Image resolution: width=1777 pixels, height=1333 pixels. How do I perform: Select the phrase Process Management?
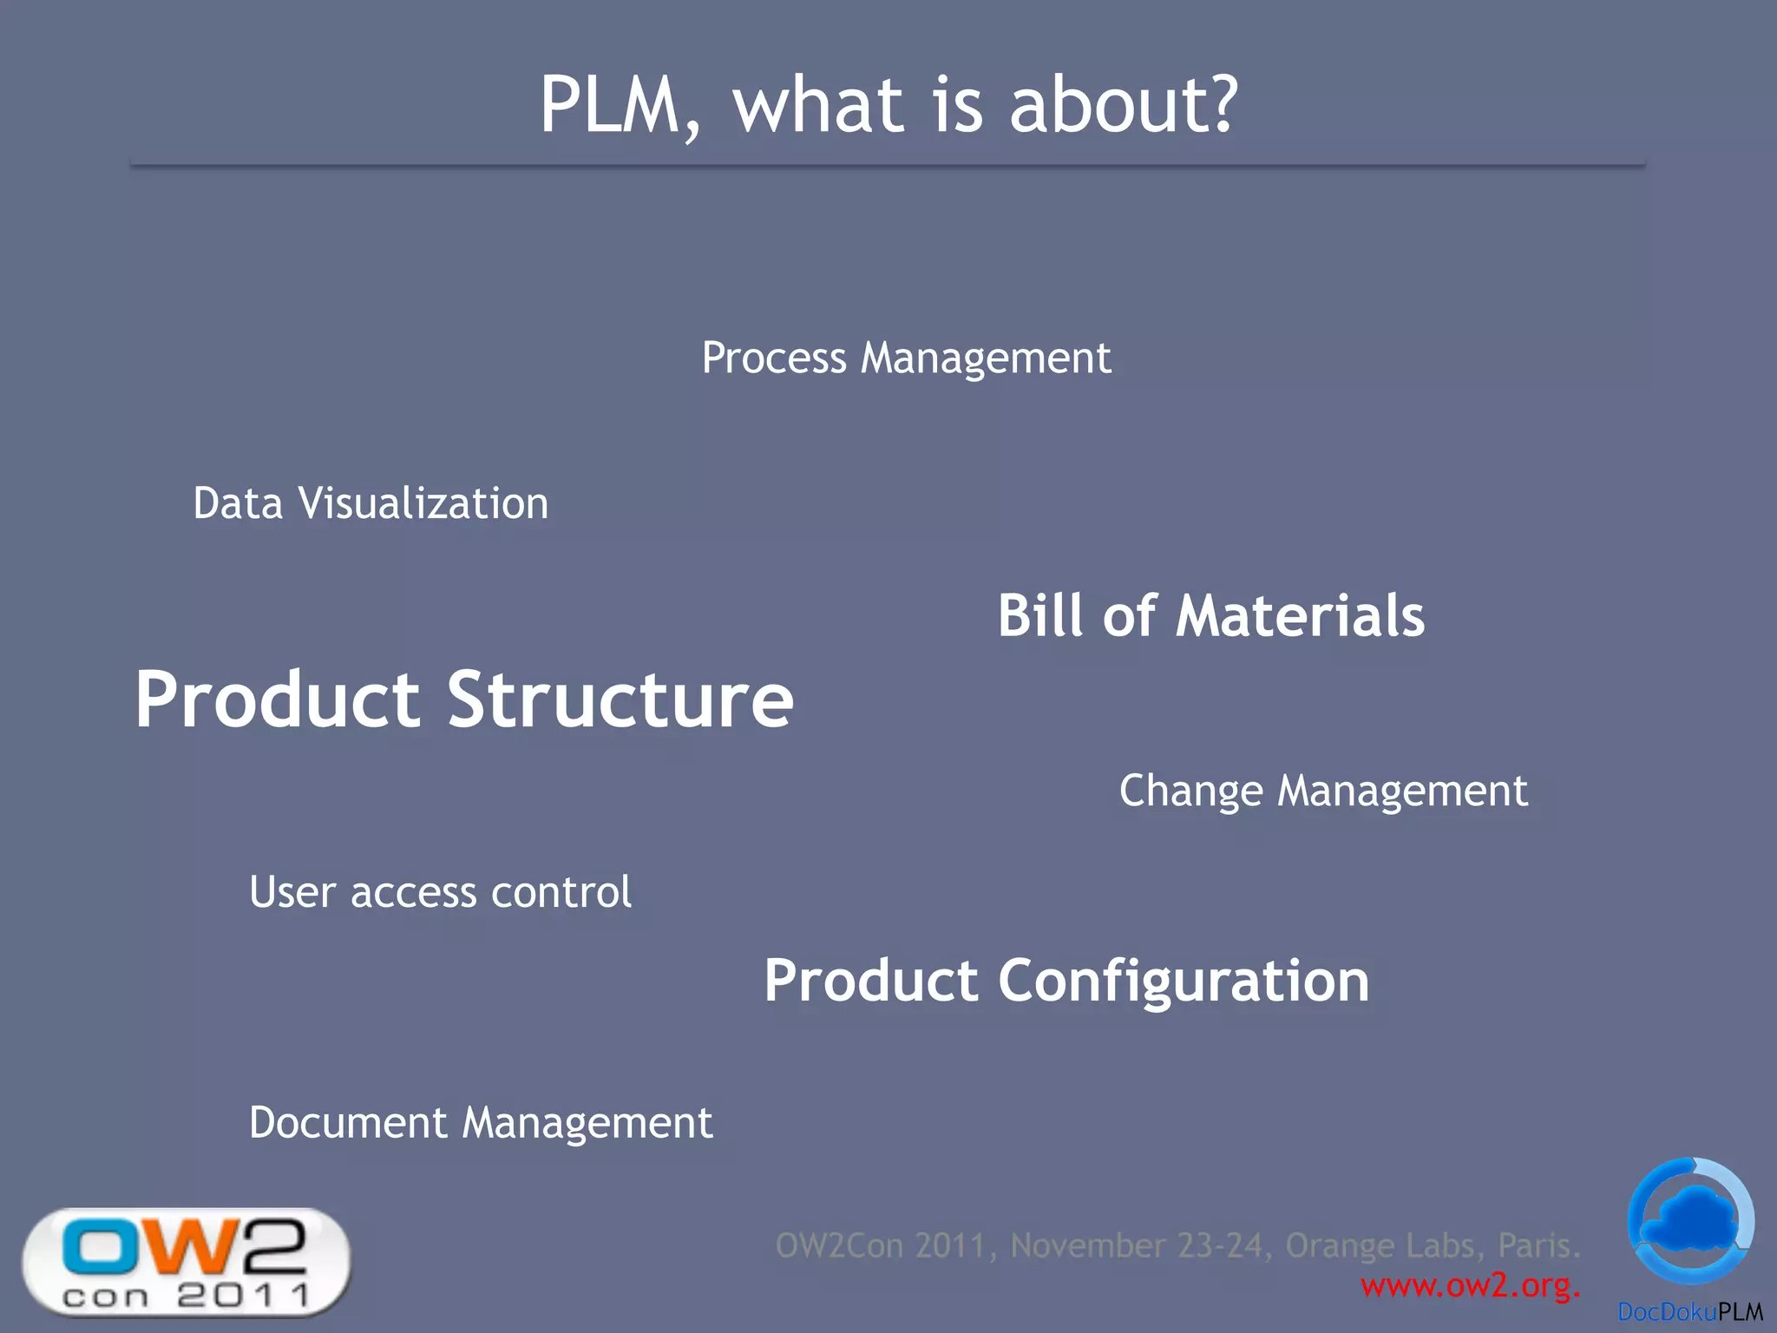[906, 358]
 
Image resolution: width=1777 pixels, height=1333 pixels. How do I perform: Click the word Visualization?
[423, 503]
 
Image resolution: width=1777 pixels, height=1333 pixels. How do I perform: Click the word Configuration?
[1184, 982]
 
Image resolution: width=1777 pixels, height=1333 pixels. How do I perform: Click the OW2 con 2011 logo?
[186, 1263]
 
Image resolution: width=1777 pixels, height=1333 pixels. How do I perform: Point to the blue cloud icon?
[1690, 1219]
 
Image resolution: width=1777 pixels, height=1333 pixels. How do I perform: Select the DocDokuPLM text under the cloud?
[1689, 1312]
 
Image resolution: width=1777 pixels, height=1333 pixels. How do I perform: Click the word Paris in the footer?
[1538, 1245]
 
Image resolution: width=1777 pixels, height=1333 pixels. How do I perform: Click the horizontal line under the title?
[887, 165]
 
